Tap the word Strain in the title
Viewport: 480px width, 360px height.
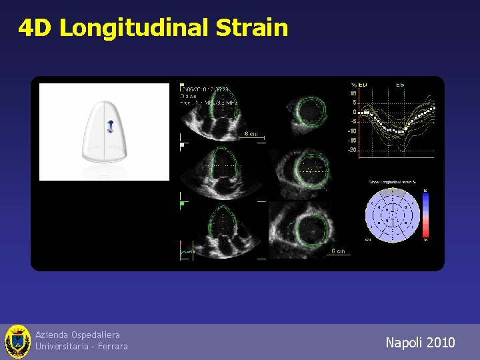[252, 28]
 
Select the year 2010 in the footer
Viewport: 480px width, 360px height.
[440, 343]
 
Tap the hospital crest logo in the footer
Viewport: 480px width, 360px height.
[17, 342]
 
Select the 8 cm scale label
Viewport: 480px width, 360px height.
[251, 134]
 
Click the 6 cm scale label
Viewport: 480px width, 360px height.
[338, 251]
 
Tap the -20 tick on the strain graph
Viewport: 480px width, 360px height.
[351, 150]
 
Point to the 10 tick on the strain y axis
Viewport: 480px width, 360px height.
[353, 93]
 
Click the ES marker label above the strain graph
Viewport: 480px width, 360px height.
[400, 85]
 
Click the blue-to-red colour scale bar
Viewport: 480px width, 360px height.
[425, 215]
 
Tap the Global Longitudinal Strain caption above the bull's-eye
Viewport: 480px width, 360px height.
[392, 182]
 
